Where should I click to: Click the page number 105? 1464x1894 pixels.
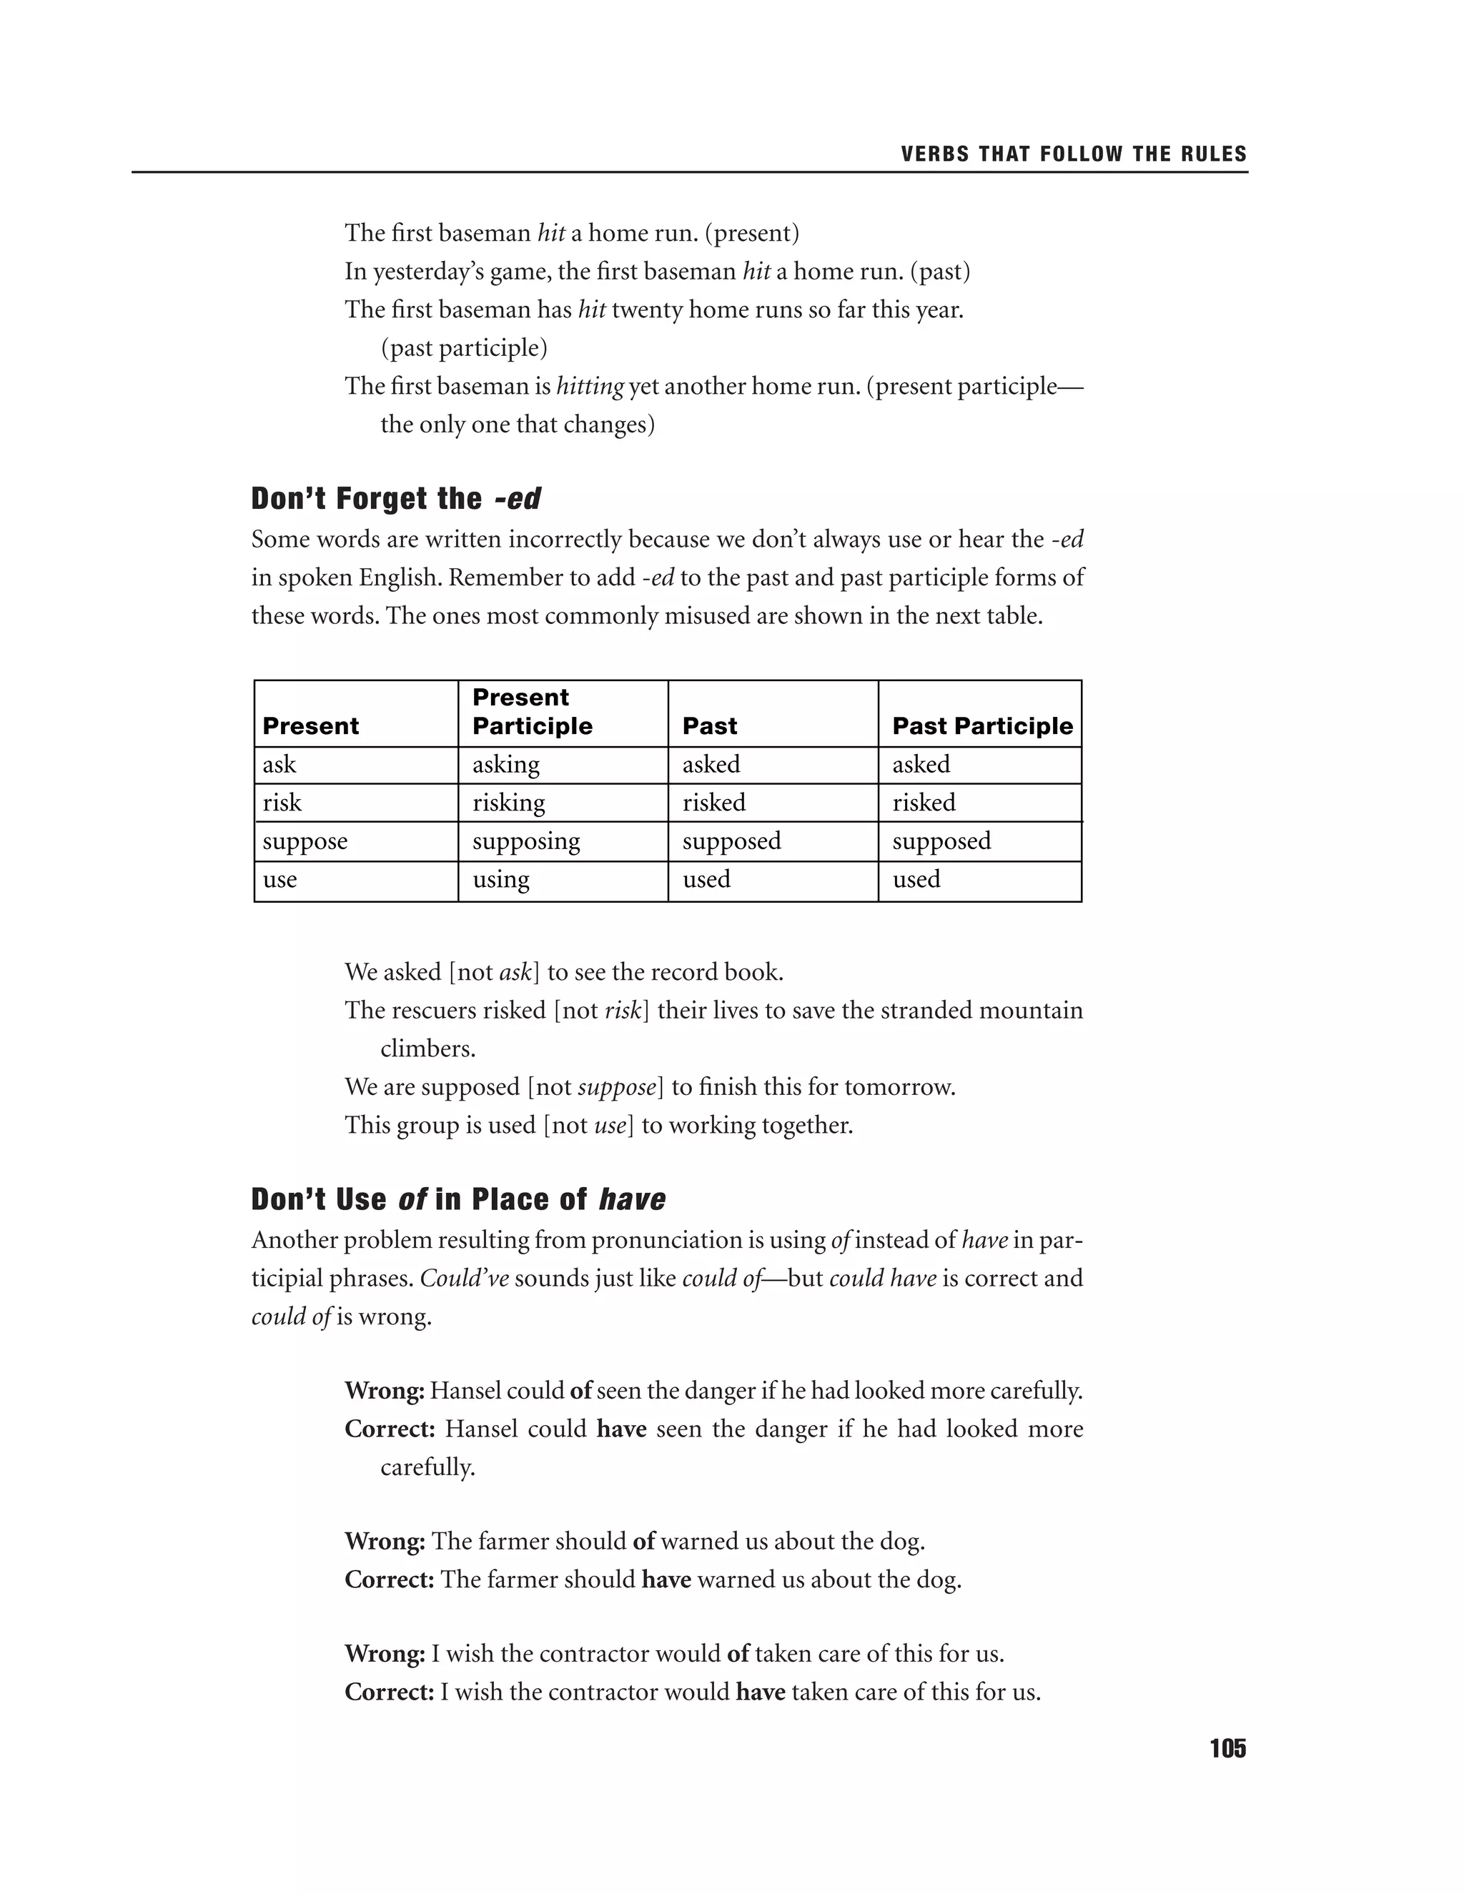1227,1748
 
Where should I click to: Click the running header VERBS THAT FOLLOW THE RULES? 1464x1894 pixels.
1073,154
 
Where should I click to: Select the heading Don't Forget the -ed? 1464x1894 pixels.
395,499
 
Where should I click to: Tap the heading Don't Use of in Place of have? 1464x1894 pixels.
458,1199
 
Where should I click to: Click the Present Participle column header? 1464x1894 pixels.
532,712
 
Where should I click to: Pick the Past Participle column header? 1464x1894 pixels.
981,726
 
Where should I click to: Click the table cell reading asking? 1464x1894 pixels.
505,765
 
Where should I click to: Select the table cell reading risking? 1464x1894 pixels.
508,803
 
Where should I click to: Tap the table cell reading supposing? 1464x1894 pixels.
525,841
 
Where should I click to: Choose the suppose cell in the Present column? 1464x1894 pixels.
305,841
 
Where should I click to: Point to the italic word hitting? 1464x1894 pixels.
590,386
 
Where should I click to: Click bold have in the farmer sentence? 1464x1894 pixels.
666,1580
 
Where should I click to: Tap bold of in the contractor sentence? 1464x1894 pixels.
737,1654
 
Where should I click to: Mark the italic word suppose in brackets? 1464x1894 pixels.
617,1088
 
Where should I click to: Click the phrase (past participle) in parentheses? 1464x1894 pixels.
464,348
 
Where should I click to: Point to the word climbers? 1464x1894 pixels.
427,1048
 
